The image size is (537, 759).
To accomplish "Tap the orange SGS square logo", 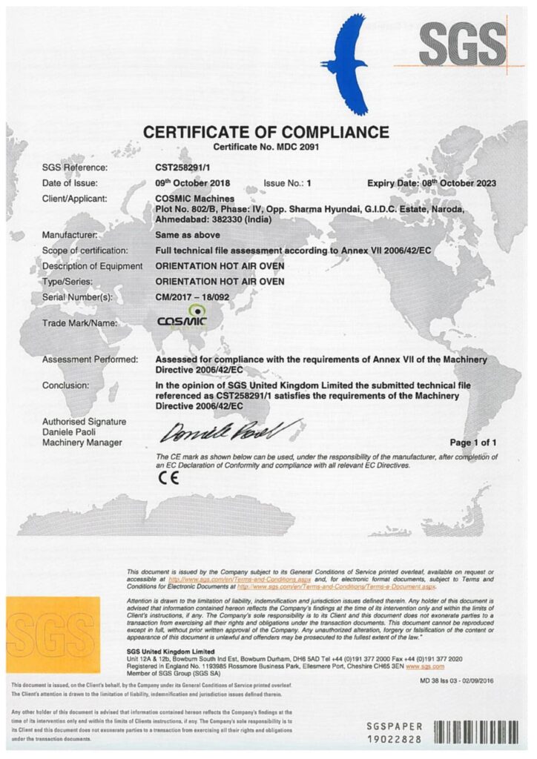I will point(52,634).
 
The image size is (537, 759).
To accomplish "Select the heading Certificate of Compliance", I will point(266,133).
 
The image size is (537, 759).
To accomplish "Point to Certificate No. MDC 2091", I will point(265,149).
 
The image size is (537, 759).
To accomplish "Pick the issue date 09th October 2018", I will point(193,183).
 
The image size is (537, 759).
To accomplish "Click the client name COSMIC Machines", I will point(194,199).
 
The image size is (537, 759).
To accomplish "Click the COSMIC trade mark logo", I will point(183,319).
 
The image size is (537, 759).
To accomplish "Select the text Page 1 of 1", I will point(473,443).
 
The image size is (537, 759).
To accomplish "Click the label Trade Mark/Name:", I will point(80,323).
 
